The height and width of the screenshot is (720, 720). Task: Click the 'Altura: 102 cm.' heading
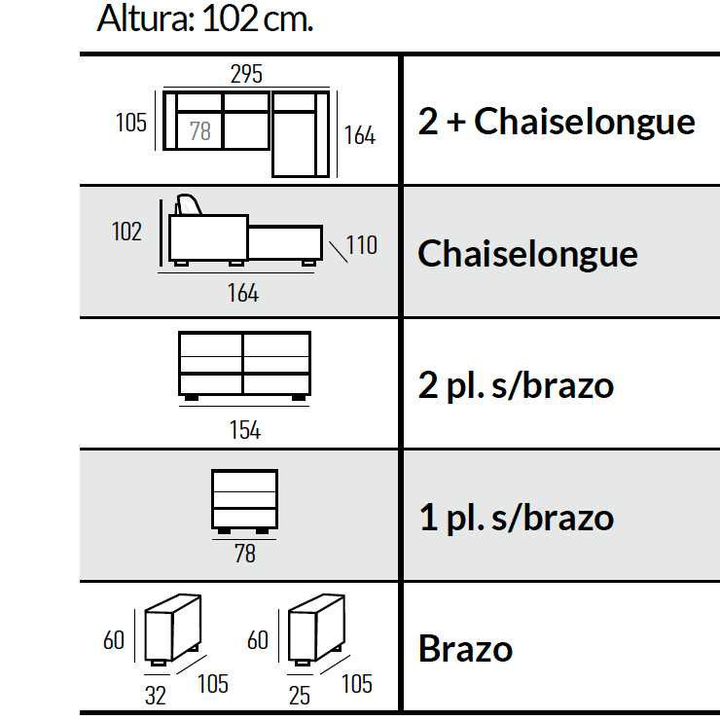point(204,18)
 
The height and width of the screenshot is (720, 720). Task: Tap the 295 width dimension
point(246,74)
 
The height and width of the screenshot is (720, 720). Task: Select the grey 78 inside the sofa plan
point(200,131)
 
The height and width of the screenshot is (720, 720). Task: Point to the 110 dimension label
point(362,245)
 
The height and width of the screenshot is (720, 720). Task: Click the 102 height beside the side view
point(126,232)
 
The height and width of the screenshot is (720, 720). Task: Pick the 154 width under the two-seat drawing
point(245,430)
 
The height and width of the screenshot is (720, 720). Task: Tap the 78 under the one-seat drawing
point(245,554)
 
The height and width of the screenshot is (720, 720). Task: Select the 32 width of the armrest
point(156,696)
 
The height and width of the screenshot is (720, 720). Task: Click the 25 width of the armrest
point(300,696)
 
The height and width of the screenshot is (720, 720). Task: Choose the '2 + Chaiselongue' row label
point(557,122)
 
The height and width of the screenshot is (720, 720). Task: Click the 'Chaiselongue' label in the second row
point(527,254)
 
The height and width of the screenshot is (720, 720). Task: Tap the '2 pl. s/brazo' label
point(516,384)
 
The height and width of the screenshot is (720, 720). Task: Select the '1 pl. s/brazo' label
point(517,517)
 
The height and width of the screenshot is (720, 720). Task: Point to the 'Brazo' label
point(465,648)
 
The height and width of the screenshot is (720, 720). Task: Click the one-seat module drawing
point(245,501)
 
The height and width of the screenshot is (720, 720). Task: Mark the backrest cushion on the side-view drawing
point(189,204)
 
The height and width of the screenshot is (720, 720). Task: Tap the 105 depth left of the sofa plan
point(131,123)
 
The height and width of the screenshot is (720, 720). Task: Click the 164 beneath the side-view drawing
point(243,293)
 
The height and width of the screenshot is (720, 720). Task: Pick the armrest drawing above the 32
point(172,630)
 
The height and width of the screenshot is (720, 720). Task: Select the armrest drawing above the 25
point(316,630)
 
